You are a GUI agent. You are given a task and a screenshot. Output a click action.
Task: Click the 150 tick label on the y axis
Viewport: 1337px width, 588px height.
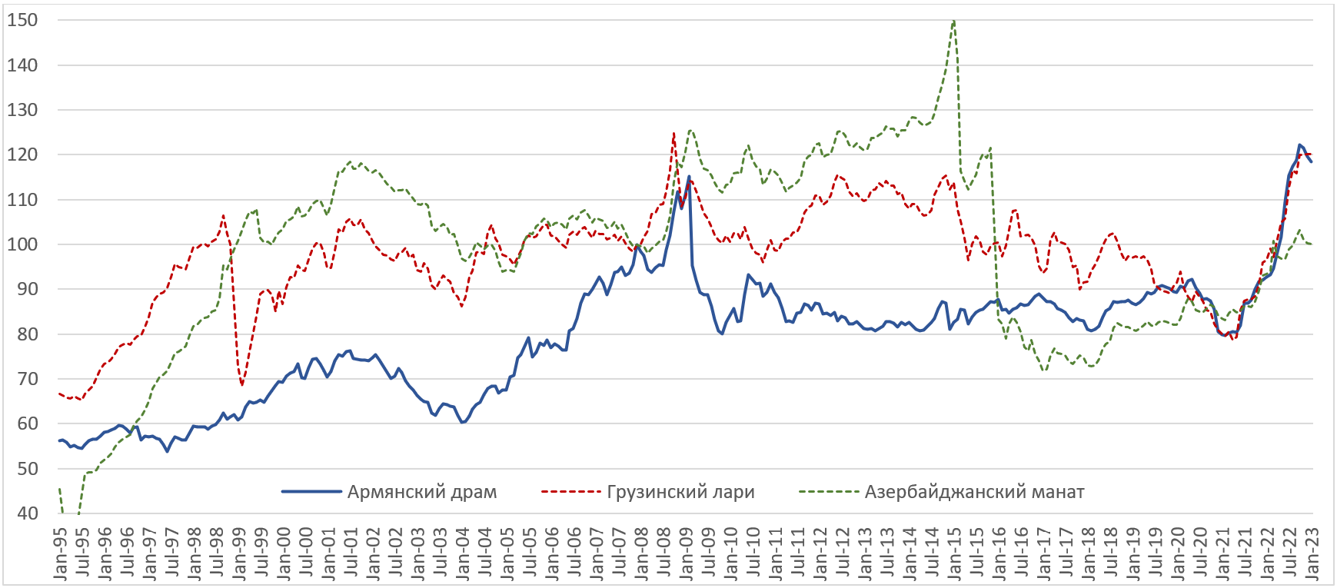[x=22, y=21]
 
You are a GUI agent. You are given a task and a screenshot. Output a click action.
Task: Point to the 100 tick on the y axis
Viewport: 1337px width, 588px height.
[x=22, y=245]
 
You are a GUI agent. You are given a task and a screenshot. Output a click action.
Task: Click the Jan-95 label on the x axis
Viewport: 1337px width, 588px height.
[x=60, y=553]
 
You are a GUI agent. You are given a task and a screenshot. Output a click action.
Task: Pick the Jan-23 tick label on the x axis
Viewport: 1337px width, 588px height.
[x=1312, y=553]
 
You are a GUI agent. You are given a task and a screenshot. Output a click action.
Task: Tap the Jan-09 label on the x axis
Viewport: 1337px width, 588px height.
[x=687, y=553]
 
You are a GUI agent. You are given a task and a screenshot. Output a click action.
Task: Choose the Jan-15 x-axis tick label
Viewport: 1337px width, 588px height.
[x=954, y=553]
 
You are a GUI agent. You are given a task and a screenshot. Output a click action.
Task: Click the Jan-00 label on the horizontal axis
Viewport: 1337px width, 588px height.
[x=284, y=553]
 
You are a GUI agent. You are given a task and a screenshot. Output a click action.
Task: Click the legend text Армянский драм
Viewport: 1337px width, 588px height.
[x=422, y=492]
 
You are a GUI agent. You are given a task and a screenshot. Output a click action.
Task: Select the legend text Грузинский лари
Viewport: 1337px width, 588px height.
[x=680, y=492]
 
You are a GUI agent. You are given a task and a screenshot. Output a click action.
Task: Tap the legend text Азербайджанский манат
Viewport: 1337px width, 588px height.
[x=974, y=492]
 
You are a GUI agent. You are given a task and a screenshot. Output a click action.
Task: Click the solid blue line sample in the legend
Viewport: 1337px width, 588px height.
[x=311, y=492]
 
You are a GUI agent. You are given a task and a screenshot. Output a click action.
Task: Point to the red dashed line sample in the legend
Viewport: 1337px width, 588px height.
[x=570, y=492]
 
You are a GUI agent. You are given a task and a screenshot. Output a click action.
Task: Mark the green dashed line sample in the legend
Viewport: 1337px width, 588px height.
[x=828, y=492]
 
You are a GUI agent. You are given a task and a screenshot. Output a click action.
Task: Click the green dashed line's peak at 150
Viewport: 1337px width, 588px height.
[x=954, y=21]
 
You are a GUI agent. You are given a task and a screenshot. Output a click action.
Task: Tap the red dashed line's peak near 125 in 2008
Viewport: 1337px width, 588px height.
[x=674, y=133]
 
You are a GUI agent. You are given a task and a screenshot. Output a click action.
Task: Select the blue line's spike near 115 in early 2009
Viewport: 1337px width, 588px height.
[x=688, y=177]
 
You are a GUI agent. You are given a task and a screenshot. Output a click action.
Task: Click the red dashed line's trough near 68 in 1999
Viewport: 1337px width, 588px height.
[x=242, y=384]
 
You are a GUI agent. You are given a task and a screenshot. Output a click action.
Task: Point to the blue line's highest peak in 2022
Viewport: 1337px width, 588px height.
[x=1299, y=145]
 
